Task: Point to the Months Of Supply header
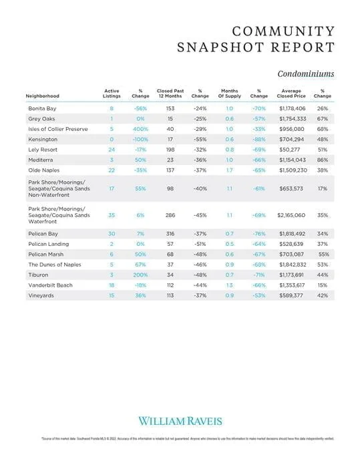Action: click(229, 94)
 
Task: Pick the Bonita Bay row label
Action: click(43, 108)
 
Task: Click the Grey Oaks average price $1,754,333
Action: click(291, 118)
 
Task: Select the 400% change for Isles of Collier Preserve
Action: click(140, 128)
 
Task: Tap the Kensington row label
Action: click(42, 139)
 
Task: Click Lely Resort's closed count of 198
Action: click(170, 150)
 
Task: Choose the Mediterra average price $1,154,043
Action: click(291, 160)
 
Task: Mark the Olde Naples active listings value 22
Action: click(112, 170)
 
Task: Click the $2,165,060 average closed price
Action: click(291, 216)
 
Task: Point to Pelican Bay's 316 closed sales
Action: click(170, 234)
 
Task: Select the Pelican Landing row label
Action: click(49, 245)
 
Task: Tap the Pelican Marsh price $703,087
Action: click(291, 255)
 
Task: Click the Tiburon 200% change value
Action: click(140, 275)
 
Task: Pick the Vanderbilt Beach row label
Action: click(51, 285)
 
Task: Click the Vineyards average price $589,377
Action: click(291, 296)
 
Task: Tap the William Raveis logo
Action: click(180, 420)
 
